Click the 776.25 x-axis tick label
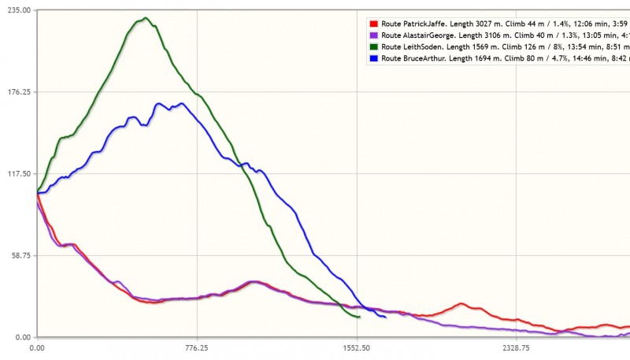tap(197, 347)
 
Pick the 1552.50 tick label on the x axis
tap(357, 347)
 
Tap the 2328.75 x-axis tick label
tap(516, 347)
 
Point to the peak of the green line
tap(146, 17)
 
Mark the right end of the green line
tap(359, 317)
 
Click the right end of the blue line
tap(385, 317)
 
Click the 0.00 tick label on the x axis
tap(37, 347)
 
